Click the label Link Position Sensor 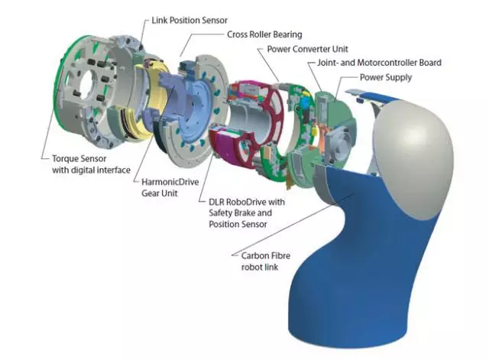189,21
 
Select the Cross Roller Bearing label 264,34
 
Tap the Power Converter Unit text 307,49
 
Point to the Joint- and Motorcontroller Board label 379,63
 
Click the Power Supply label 386,77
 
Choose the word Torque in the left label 65,159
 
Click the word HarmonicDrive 170,182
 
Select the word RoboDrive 246,202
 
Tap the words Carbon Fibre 266,256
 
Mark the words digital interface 101,170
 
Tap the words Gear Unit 160,193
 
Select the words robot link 260,267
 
